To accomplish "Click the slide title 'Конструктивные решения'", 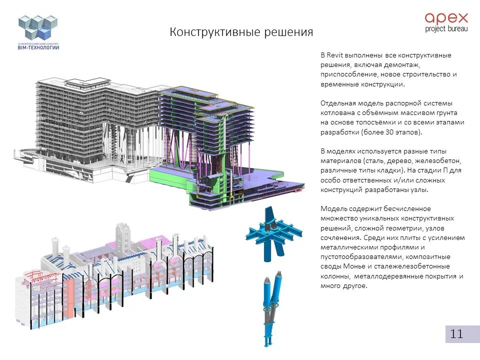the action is pos(241,32).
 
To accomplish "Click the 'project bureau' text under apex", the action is pos(446,29).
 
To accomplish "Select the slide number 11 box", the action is pos(456,334).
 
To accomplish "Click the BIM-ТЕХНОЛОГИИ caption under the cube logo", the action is pos(38,47).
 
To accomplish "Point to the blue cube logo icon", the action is pos(38,27).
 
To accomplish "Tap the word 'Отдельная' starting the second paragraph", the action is pos(337,103).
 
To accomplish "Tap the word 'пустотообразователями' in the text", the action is pos(356,257).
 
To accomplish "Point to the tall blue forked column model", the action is pos(270,308).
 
